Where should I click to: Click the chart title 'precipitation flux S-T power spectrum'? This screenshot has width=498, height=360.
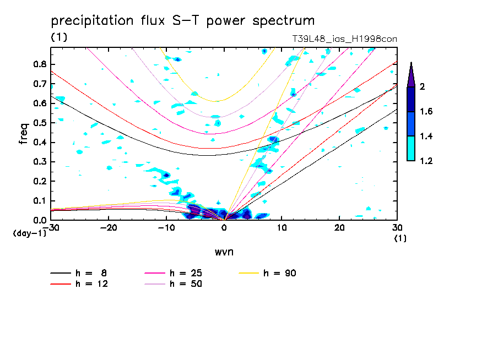point(183,21)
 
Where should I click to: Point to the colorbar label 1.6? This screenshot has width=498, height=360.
point(427,112)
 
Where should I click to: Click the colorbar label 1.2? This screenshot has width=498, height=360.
point(427,161)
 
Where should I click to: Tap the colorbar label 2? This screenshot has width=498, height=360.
point(423,87)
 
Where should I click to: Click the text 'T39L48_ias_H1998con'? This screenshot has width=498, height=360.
point(344,39)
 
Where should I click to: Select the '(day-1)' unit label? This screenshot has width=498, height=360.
point(29,233)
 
